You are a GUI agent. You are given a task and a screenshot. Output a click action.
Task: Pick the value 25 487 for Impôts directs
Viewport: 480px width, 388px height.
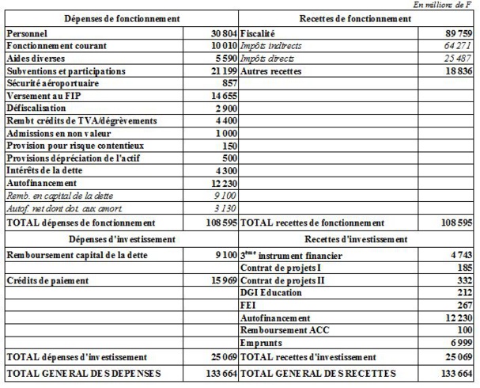point(456,59)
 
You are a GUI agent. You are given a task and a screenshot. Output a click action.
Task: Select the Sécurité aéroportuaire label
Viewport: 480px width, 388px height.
point(57,83)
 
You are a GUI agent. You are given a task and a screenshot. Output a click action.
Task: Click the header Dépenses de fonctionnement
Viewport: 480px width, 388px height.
point(120,17)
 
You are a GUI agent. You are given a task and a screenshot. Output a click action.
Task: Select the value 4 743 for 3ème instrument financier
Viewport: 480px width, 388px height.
point(459,256)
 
